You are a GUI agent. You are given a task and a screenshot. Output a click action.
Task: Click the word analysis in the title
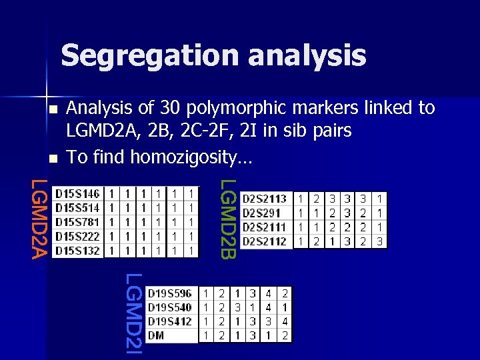click(x=306, y=55)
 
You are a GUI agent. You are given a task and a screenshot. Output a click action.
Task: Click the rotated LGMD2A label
click(x=41, y=217)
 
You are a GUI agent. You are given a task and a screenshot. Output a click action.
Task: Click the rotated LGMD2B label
click(x=228, y=219)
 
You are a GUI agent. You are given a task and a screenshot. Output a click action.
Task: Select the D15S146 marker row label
click(x=77, y=194)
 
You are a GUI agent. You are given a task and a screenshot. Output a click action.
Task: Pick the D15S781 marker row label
click(x=77, y=222)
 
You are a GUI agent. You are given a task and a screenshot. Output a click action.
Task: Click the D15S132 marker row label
click(x=77, y=251)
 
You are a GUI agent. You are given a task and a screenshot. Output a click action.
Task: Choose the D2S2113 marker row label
click(x=265, y=198)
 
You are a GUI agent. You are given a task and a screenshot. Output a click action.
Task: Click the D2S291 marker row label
click(x=261, y=213)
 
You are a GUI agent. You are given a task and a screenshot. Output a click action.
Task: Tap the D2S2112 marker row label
click(x=265, y=241)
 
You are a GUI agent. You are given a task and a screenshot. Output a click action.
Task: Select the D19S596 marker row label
click(x=169, y=293)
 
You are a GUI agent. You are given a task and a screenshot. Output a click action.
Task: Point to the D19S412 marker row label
click(x=169, y=322)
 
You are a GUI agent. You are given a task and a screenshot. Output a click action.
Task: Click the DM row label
click(x=156, y=336)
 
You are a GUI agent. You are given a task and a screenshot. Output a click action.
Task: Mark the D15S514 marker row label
click(x=77, y=208)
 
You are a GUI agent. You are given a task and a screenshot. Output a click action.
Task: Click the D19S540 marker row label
click(x=169, y=307)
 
